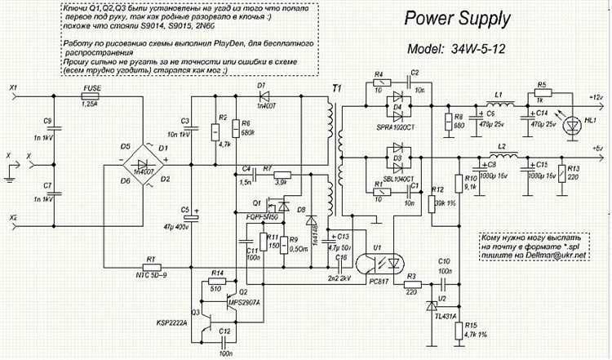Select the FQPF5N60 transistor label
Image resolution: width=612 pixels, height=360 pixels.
click(x=259, y=216)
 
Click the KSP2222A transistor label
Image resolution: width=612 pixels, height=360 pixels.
click(x=171, y=322)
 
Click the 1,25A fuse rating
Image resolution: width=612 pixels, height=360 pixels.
click(x=91, y=105)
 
